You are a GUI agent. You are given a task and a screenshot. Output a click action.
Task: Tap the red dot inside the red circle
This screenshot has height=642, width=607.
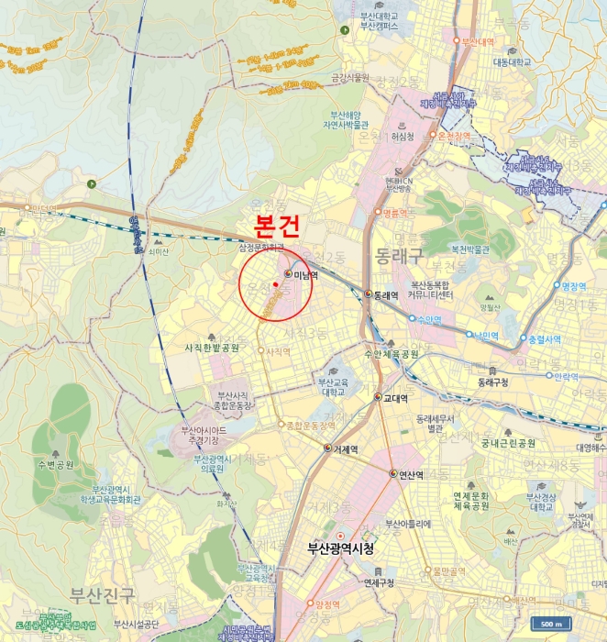tap(275, 284)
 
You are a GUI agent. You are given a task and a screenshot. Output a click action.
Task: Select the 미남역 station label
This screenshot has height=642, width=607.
tap(305, 274)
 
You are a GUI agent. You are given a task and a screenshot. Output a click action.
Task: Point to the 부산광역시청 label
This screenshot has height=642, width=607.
tap(340, 548)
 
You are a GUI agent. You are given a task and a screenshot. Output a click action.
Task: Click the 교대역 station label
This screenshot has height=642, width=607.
tap(395, 397)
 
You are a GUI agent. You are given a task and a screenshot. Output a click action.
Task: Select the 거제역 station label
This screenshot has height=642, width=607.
tap(346, 448)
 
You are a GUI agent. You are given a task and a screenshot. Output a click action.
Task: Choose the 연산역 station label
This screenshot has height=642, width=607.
tap(409, 474)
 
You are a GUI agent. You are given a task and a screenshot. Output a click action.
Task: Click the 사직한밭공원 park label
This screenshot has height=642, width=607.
tap(212, 349)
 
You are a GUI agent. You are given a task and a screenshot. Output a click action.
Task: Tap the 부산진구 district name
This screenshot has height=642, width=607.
tap(103, 593)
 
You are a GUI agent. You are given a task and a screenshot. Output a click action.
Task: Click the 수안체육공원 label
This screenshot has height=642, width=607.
tap(392, 353)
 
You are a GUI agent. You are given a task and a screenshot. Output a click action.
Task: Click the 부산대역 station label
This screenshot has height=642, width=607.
tap(478, 42)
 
